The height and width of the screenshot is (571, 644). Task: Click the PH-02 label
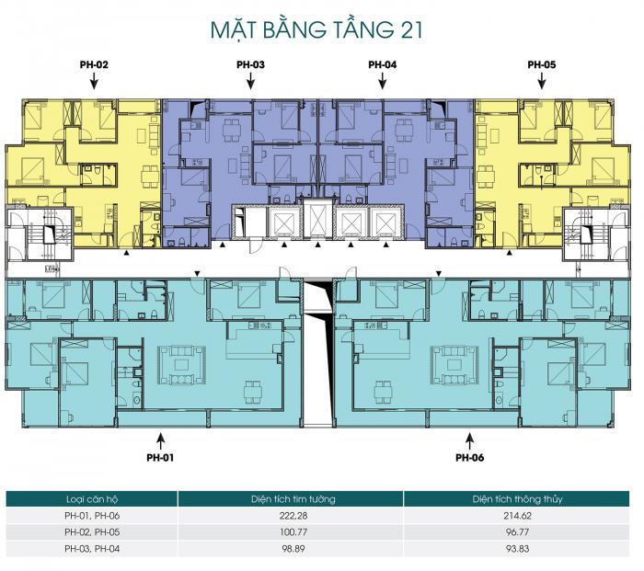[x=94, y=64]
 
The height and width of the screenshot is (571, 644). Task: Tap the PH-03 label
[x=250, y=64]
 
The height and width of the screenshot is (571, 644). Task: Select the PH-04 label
[x=383, y=64]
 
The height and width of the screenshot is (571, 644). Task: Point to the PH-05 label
[x=542, y=64]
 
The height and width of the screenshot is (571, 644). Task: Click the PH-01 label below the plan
[x=160, y=457]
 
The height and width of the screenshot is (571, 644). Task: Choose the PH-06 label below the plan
[x=469, y=457]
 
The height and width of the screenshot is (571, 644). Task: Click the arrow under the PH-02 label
[x=94, y=81]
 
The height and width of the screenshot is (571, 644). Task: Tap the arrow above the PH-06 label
[x=469, y=441]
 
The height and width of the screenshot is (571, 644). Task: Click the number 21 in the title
[x=410, y=30]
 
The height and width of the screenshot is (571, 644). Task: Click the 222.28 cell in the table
[x=293, y=516]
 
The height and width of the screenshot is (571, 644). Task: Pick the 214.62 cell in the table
[x=517, y=516]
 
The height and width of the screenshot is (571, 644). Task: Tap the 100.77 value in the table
[x=293, y=532]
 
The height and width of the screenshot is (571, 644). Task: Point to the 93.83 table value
[x=517, y=548]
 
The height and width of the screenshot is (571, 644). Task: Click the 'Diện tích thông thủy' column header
[x=517, y=499]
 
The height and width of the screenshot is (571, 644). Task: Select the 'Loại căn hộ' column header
[x=92, y=499]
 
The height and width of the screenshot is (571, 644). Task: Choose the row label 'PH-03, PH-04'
[x=92, y=548]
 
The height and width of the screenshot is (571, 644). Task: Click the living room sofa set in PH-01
[x=181, y=364]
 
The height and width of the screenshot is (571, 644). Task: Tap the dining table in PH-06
[x=383, y=392]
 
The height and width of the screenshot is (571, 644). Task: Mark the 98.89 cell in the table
[x=293, y=548]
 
